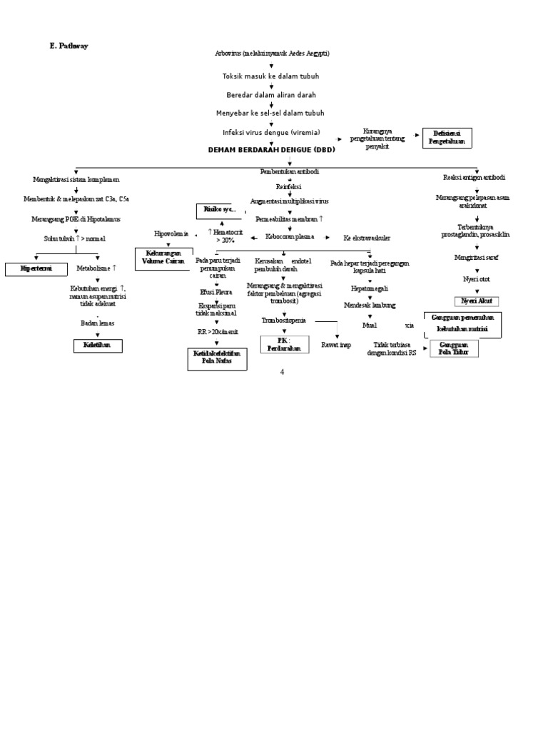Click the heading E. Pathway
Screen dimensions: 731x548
pyautogui.click(x=68, y=46)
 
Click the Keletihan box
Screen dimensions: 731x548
pyautogui.click(x=98, y=346)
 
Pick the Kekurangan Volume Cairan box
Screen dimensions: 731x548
pyautogui.click(x=164, y=257)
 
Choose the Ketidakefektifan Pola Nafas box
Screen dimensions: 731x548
pyautogui.click(x=218, y=358)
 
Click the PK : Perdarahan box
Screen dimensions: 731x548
pyautogui.click(x=284, y=345)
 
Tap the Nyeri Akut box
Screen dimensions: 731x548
pyautogui.click(x=476, y=301)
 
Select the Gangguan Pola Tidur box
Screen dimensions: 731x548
pyautogui.click(x=454, y=348)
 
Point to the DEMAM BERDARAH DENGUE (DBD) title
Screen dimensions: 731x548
pyautogui.click(x=271, y=150)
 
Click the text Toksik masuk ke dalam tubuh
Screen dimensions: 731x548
pyautogui.click(x=271, y=76)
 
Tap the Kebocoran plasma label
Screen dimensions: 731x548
pyautogui.click(x=290, y=237)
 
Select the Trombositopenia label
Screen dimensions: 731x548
pyautogui.click(x=284, y=321)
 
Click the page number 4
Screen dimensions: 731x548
pyautogui.click(x=282, y=372)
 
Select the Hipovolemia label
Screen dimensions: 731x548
pyautogui.click(x=172, y=233)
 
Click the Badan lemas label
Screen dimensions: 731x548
pyautogui.click(x=97, y=323)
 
